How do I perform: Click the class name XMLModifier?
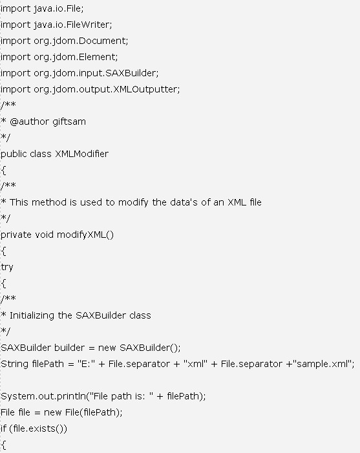click(x=82, y=154)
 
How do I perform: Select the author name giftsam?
click(x=69, y=121)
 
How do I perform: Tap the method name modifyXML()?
click(x=85, y=235)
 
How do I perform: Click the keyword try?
click(x=6, y=268)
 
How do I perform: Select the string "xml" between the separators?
click(x=195, y=364)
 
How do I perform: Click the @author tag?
click(x=30, y=121)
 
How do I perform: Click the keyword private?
click(x=16, y=235)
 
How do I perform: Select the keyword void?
click(x=44, y=235)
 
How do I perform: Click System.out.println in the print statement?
click(x=44, y=396)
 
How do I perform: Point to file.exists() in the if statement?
click(x=38, y=428)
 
